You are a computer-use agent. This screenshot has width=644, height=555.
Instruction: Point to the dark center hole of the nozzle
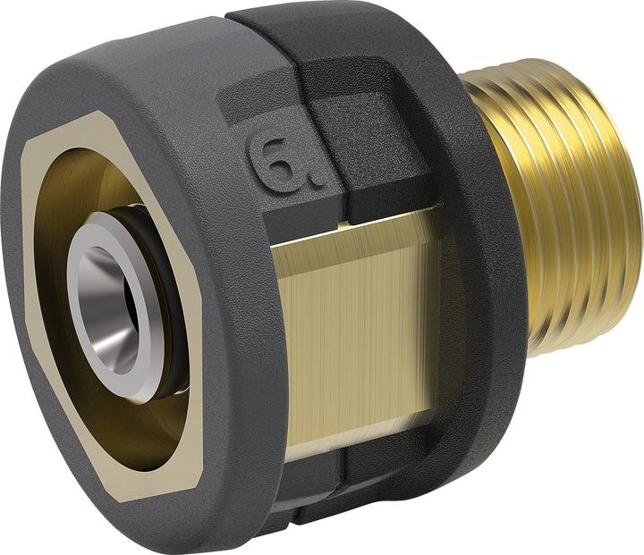tap(126, 308)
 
